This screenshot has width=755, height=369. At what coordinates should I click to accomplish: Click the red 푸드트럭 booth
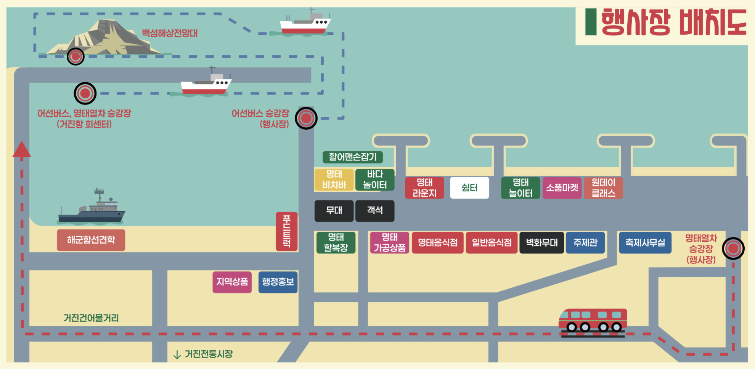[x=286, y=231]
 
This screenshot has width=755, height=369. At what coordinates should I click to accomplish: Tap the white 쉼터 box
[x=469, y=188]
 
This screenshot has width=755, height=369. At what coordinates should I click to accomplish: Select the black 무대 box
[x=334, y=211]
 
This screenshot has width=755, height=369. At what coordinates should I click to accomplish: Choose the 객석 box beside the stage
[x=375, y=211]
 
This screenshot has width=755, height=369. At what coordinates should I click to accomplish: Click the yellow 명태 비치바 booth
[x=334, y=180]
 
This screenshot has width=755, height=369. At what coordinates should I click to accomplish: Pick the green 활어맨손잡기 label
[x=353, y=157]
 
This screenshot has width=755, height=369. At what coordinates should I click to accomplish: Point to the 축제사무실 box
[x=645, y=242]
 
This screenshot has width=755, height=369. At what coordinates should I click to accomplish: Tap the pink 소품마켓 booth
[x=562, y=188]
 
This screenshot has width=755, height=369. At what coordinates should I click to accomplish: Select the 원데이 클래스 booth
[x=603, y=188]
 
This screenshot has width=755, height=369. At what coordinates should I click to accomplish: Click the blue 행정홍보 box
[x=278, y=282]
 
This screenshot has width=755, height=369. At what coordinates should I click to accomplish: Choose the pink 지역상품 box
[x=232, y=282]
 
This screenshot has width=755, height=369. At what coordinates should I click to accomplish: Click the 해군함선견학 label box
[x=91, y=240]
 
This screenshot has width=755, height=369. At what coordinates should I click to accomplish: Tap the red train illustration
[x=593, y=322]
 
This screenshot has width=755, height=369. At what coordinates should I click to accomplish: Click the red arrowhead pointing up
[x=22, y=149]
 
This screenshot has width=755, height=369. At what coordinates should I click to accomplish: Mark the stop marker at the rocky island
[x=75, y=57]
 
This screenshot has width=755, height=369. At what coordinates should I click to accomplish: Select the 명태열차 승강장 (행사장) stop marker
[x=733, y=249]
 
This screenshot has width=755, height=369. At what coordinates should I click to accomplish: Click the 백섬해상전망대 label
[x=170, y=33]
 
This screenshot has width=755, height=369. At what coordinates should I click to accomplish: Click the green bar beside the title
[x=591, y=22]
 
